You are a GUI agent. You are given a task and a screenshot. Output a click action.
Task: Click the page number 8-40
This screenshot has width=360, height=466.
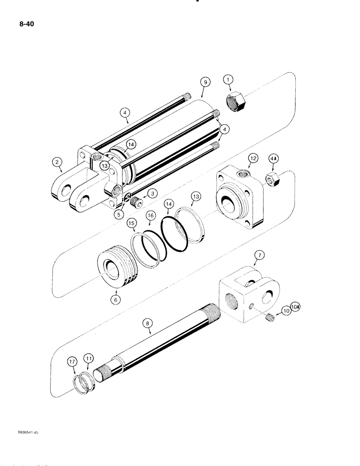23,20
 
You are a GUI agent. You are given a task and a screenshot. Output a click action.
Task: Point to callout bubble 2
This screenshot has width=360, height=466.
57,162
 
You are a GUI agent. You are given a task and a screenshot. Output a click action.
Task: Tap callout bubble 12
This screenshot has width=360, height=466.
252,159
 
